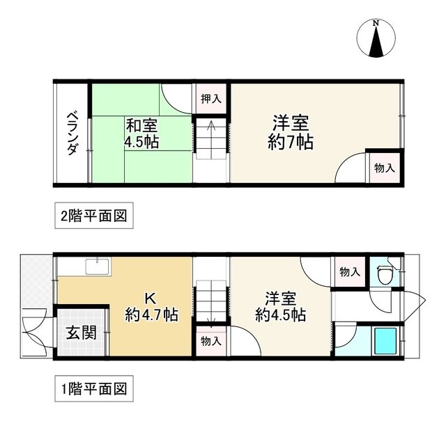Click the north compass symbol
coord(376,38)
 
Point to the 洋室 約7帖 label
coord(291,132)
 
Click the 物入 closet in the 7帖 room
coord(384,168)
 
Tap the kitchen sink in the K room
coord(95,266)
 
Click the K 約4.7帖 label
coord(151,306)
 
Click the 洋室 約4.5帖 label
coord(280,306)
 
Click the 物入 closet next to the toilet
coord(349,271)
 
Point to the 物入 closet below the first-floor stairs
coord(210,340)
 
